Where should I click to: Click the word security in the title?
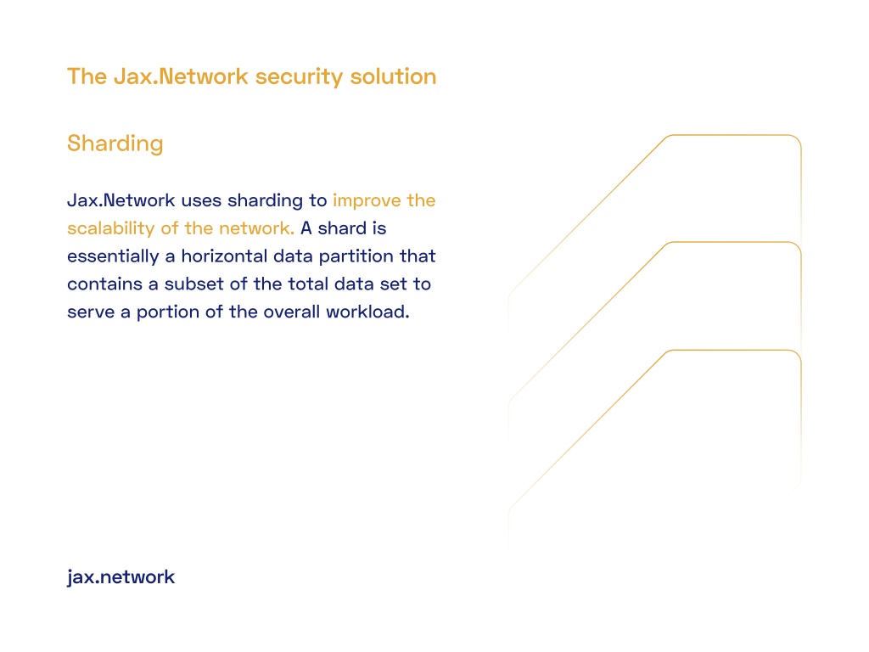click(299, 77)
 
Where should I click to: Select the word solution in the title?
click(393, 76)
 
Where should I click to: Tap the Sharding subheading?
click(115, 143)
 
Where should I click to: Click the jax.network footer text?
click(121, 577)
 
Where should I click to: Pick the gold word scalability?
click(111, 228)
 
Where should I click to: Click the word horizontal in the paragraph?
click(224, 256)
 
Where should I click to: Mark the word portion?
click(168, 312)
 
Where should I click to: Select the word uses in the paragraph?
click(201, 200)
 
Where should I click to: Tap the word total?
click(308, 284)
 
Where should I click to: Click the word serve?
click(91, 312)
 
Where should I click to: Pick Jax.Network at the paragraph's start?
click(121, 200)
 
